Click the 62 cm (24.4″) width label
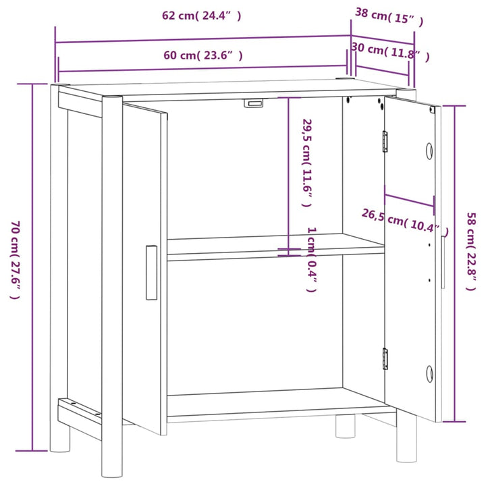pyautogui.click(x=201, y=16)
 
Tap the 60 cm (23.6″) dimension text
pyautogui.click(x=203, y=55)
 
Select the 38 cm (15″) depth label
pyautogui.click(x=389, y=17)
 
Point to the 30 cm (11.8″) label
pyautogui.click(x=391, y=51)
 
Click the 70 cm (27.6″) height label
pyautogui.click(x=16, y=260)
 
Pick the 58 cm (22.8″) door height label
pyautogui.click(x=471, y=251)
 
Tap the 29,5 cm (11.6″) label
pyautogui.click(x=306, y=163)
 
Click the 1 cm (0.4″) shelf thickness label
pyautogui.click(x=311, y=260)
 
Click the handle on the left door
pyautogui.click(x=151, y=273)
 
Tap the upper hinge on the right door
pyautogui.click(x=385, y=141)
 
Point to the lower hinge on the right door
pyautogui.click(x=385, y=358)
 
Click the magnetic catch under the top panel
pyautogui.click(x=253, y=103)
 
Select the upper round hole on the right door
pyautogui.click(x=429, y=151)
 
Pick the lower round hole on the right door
pyautogui.click(x=429, y=374)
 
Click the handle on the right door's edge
pyautogui.click(x=443, y=262)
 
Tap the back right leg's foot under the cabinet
pyautogui.click(x=346, y=427)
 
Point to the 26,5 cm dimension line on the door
pyautogui.click(x=410, y=200)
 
